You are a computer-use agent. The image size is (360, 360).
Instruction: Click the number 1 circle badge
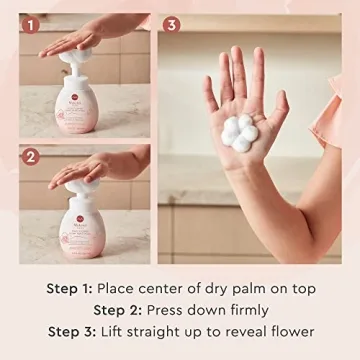tap(31, 24)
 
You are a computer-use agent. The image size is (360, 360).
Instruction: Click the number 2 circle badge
tap(31, 156)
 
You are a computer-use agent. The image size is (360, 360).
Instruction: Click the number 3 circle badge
tap(171, 24)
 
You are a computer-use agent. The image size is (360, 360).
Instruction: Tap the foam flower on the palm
tap(239, 132)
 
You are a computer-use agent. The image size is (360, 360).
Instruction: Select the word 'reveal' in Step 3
tap(236, 331)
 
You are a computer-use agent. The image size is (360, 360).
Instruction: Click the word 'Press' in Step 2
tap(173, 309)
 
